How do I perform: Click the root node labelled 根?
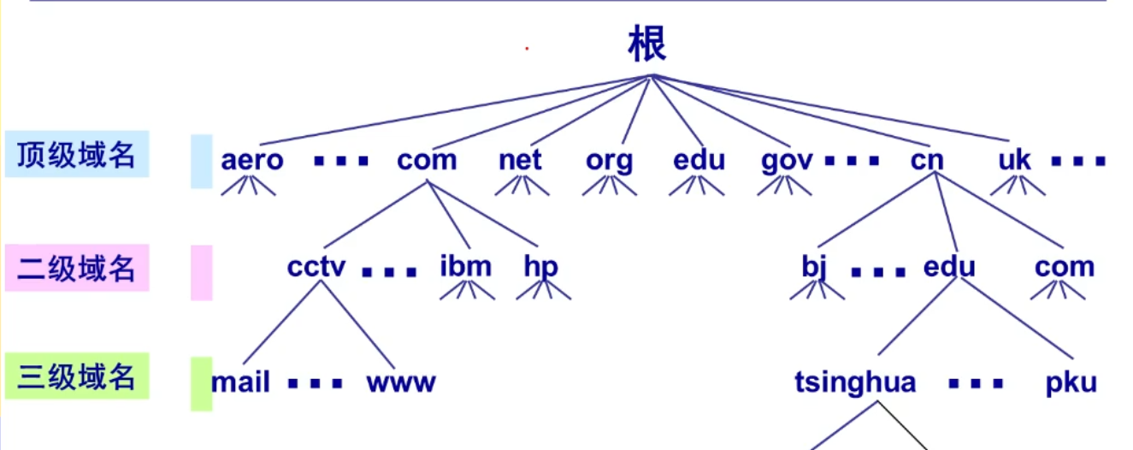click(647, 44)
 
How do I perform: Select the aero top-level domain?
click(251, 160)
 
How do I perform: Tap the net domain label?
click(520, 160)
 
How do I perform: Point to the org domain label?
click(610, 161)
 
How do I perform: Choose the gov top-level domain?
click(787, 161)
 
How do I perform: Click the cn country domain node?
click(927, 160)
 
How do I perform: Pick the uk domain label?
click(1015, 160)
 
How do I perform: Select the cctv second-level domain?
click(316, 267)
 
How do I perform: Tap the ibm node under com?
click(466, 267)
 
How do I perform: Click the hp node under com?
click(540, 268)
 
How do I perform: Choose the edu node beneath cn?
click(949, 267)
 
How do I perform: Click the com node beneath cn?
click(1065, 267)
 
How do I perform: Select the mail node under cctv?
click(241, 382)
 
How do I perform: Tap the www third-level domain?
click(401, 382)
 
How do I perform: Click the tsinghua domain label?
click(855, 382)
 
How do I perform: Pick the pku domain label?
click(1071, 382)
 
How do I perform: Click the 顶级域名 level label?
click(77, 155)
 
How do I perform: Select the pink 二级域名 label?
click(77, 268)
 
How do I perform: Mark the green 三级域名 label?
click(77, 376)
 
